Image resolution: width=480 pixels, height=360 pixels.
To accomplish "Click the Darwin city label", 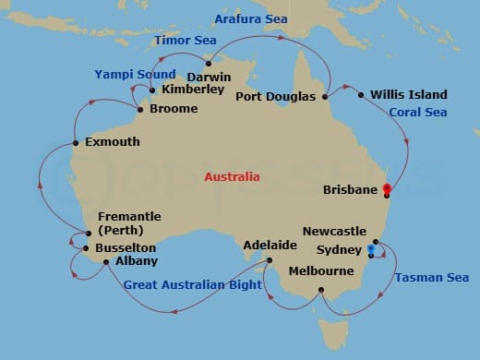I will pos(209,77).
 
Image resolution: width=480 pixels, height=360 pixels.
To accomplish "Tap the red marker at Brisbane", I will pos(386,191).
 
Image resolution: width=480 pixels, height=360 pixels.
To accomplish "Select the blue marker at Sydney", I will pos(371,249).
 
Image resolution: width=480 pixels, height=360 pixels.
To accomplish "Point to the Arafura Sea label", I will pos(251,18).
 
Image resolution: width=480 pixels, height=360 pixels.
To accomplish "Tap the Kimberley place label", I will pos(192,90).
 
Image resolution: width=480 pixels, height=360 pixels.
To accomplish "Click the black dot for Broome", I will pos(139,110).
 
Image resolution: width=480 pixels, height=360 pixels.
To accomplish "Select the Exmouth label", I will pos(112,142).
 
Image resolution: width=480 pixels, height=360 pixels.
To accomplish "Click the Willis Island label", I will pos(408,94).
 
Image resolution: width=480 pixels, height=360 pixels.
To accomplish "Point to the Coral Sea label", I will pos(417,113).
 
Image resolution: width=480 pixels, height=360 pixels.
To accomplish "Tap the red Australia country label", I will pos(232,176).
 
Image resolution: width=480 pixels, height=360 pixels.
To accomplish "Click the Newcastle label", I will pos(334,231).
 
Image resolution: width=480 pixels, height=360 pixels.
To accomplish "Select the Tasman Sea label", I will pos(431,277).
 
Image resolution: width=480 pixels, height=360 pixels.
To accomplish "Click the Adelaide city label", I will pos(270,246).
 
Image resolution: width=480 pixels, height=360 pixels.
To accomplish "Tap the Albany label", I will pos(111,261).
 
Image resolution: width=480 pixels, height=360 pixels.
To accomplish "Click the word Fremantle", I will pos(128,216).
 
